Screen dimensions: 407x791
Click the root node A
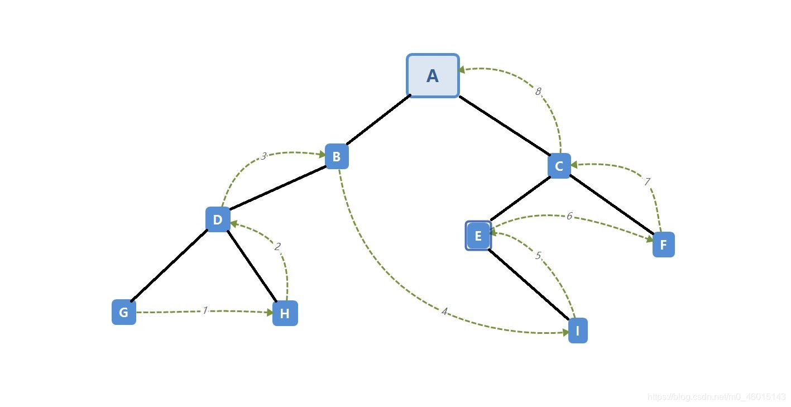433,76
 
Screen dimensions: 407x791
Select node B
337,157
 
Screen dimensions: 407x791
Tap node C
559,166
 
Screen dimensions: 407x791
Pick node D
218,219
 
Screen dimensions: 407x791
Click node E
478,236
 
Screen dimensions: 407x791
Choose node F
663,245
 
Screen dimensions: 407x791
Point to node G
124,312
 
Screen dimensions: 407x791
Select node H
285,313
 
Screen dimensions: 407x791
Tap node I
578,331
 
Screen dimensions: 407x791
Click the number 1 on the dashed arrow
205,310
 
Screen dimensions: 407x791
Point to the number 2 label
277,247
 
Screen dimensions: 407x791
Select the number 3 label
263,156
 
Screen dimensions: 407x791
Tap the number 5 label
538,256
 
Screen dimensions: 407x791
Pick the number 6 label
569,216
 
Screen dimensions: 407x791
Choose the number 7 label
646,182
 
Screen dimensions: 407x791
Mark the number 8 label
538,92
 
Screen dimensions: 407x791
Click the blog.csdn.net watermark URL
717,397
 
